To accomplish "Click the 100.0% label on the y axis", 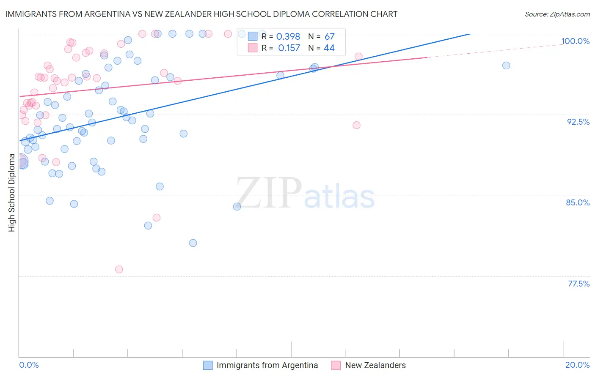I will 575,41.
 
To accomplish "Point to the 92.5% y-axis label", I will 578,122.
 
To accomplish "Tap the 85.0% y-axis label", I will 578,202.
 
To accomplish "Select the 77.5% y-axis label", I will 578,284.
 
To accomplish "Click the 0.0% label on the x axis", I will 29,365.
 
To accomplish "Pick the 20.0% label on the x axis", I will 577,365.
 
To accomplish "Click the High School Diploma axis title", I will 12,193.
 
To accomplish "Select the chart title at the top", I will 201,14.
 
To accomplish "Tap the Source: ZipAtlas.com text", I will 557,14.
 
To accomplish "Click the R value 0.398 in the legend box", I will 288,37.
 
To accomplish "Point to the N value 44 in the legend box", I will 329,48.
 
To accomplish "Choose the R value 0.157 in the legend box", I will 289,48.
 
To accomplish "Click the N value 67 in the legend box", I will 329,37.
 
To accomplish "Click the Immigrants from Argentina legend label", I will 267,365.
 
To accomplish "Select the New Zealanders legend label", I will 375,365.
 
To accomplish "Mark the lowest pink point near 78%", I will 119,270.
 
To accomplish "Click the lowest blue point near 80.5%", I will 193,243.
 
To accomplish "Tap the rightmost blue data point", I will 506,66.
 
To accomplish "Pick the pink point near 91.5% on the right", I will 356,125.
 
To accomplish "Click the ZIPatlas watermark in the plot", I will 305,194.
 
